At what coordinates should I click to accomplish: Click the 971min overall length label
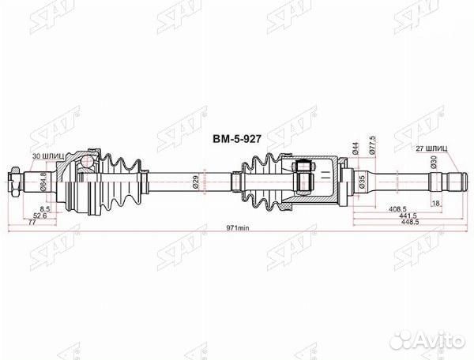tap(236, 227)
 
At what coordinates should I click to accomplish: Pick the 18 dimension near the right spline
tap(437, 203)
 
